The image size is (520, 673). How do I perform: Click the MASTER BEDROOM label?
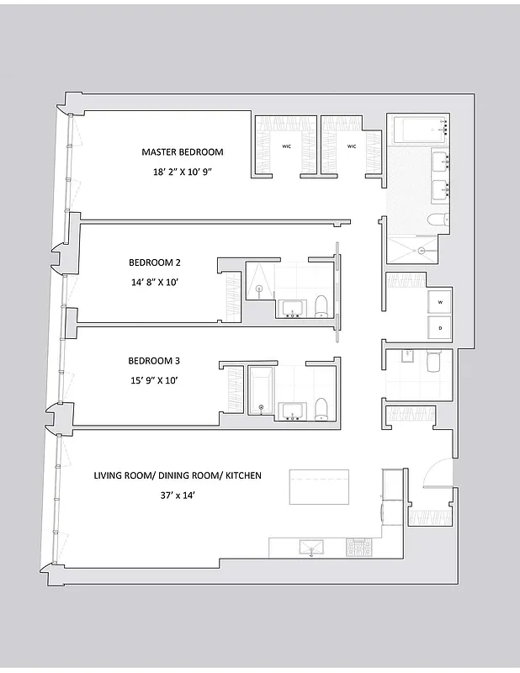click(x=182, y=152)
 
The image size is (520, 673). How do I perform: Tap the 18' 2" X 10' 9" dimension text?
click(x=182, y=172)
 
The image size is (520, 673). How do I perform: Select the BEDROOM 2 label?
click(x=155, y=262)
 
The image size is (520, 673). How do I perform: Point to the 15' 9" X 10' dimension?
click(x=152, y=380)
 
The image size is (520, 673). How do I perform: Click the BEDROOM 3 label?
click(x=154, y=361)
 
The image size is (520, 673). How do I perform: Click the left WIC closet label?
click(x=287, y=146)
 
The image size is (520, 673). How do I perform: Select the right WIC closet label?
click(x=352, y=146)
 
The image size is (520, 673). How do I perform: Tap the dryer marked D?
click(x=439, y=326)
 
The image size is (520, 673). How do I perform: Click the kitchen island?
click(x=319, y=487)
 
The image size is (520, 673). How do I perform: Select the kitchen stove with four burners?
click(x=358, y=547)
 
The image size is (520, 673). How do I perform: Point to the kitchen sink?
click(x=311, y=547)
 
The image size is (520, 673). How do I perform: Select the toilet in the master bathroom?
click(x=438, y=220)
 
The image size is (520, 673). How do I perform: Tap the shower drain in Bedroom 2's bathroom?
click(x=259, y=290)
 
